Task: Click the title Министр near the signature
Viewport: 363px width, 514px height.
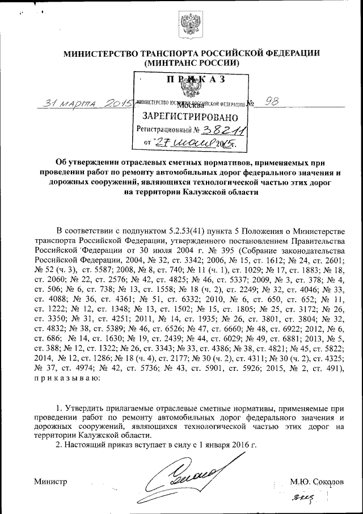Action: [x=51, y=481]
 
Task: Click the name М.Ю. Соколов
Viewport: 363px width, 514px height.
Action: [x=316, y=481]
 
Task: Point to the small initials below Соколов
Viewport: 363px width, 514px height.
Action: [x=305, y=499]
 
